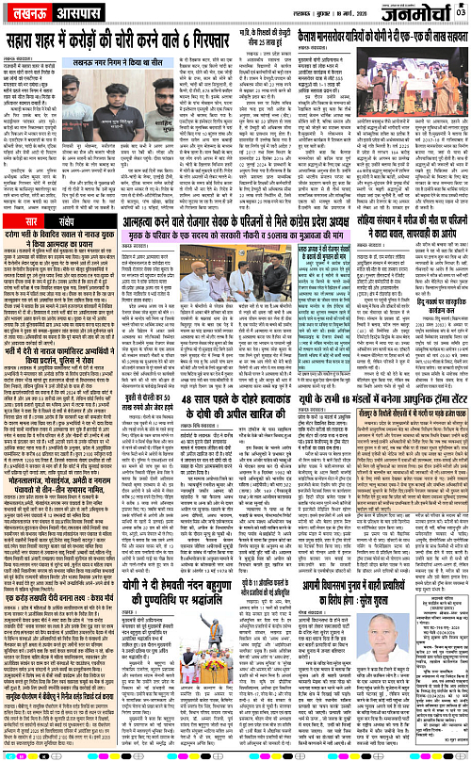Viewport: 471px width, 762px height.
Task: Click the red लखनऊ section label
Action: point(29,17)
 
